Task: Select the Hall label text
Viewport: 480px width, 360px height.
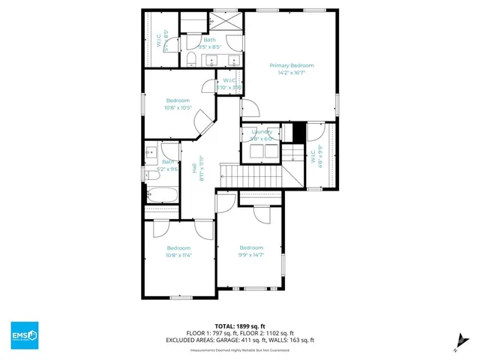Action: coord(195,172)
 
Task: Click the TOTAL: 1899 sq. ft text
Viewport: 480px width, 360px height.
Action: coord(240,326)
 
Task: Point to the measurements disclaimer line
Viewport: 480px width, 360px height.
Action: coord(240,349)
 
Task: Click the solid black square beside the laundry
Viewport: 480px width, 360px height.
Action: coord(298,131)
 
